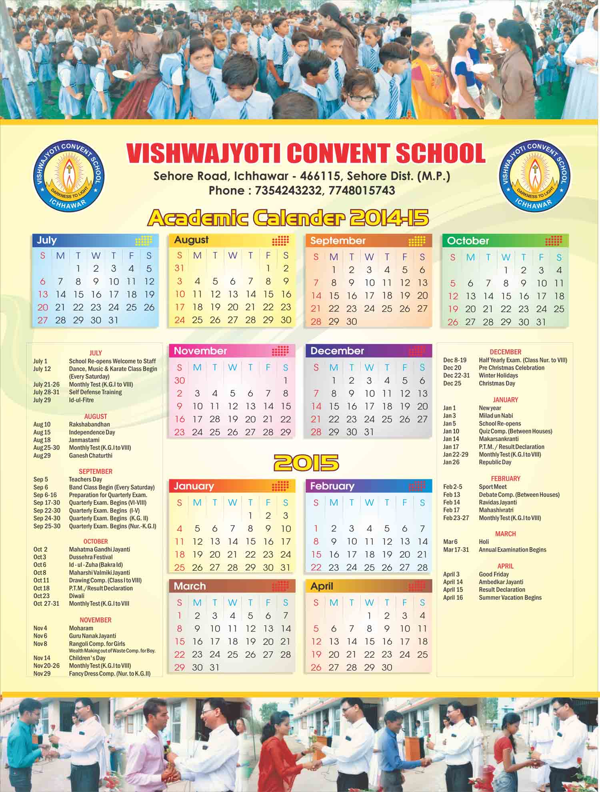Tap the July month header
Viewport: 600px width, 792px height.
pos(47,240)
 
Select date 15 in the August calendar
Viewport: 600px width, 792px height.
pos(268,294)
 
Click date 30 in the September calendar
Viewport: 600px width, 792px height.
pos(351,322)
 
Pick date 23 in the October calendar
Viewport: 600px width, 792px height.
pos(524,309)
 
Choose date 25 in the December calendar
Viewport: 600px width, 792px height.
pos(387,419)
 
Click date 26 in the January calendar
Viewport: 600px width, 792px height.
pos(197,568)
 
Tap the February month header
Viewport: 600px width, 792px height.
pos(332,486)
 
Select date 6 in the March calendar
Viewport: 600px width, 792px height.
pos(268,616)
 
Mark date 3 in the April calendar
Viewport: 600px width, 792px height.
pos(405,616)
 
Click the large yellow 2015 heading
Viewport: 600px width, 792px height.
pos(306,463)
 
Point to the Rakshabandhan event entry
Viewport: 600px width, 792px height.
pos(89,424)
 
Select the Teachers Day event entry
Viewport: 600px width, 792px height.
pos(85,479)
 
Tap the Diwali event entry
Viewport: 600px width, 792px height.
pos(76,596)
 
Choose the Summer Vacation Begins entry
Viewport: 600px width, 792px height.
pos(510,598)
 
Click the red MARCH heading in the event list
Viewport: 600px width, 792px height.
pos(505,534)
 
